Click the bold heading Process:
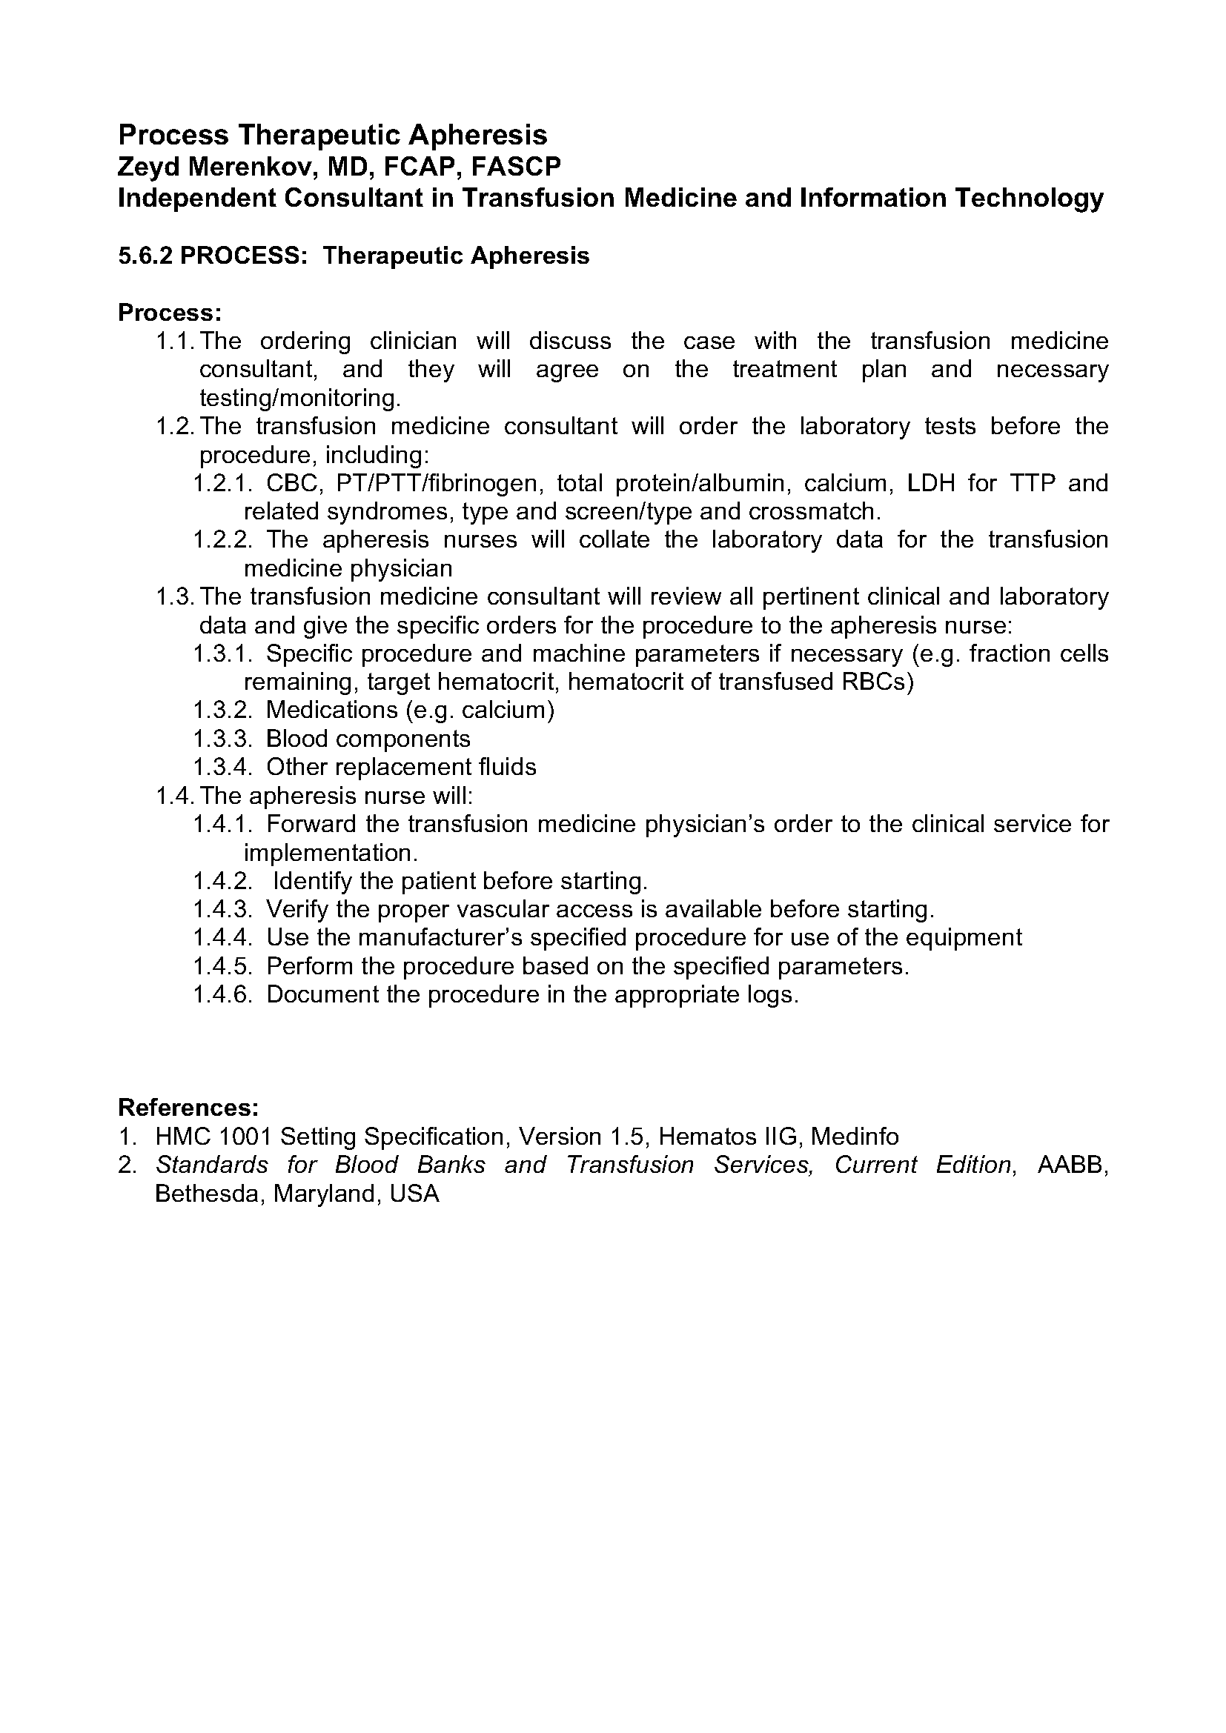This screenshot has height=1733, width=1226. click(170, 312)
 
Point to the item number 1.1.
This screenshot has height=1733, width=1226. click(175, 341)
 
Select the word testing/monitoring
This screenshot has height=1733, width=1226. click(300, 398)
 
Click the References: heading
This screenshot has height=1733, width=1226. click(189, 1107)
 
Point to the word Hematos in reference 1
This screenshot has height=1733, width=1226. click(709, 1136)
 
